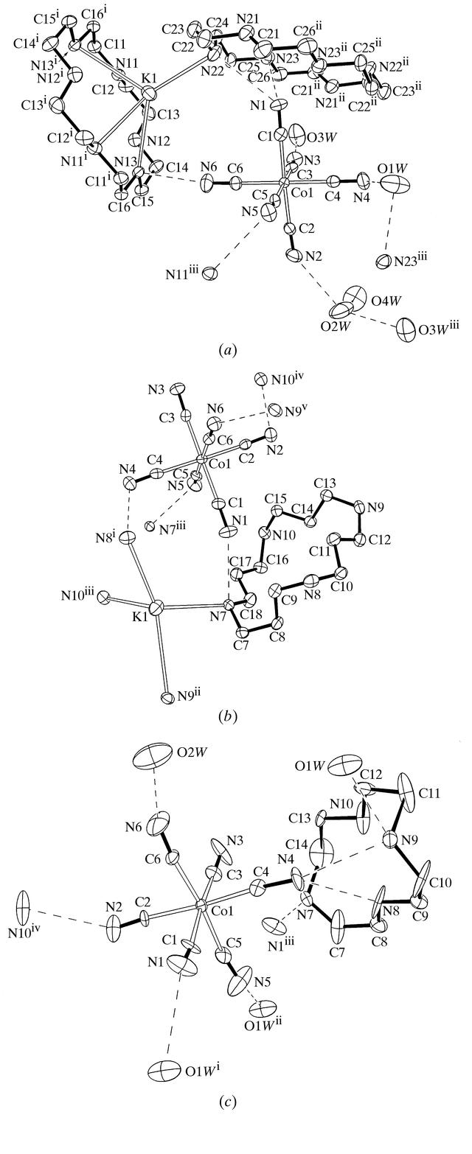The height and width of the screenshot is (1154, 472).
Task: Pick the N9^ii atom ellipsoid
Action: coord(166,698)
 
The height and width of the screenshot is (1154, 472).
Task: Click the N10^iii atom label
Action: coord(80,597)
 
